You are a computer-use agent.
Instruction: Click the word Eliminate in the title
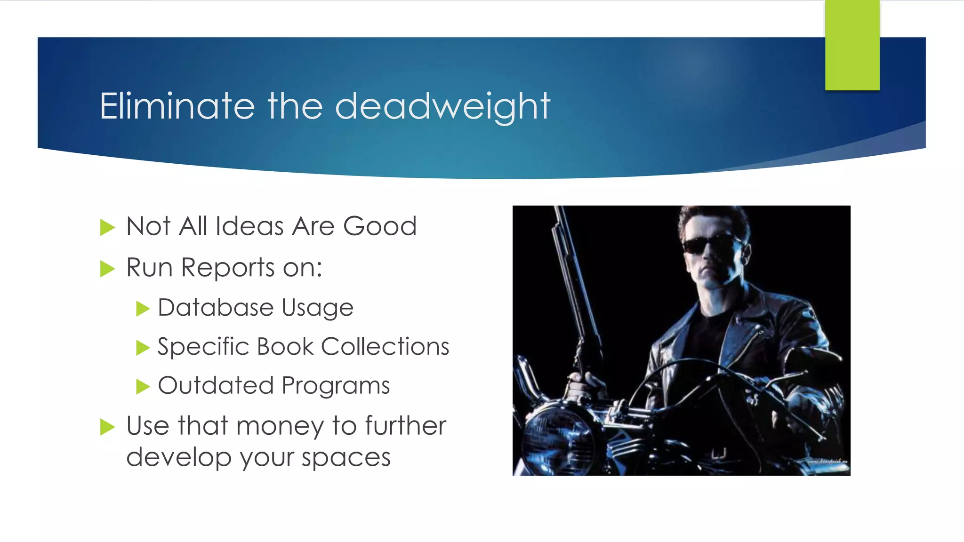tap(177, 106)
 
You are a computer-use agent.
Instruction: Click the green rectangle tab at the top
tap(852, 45)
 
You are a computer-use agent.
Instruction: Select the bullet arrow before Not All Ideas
tap(107, 228)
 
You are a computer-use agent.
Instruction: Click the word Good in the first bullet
tap(380, 226)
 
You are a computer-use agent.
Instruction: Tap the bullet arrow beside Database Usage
tap(143, 309)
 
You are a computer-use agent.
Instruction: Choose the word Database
tap(216, 308)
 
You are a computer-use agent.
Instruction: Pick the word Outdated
tap(216, 386)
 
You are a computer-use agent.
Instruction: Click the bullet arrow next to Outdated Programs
tap(143, 387)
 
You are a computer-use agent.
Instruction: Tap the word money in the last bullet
tap(280, 426)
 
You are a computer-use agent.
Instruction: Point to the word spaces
tap(346, 457)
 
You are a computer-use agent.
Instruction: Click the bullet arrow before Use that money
tap(107, 427)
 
